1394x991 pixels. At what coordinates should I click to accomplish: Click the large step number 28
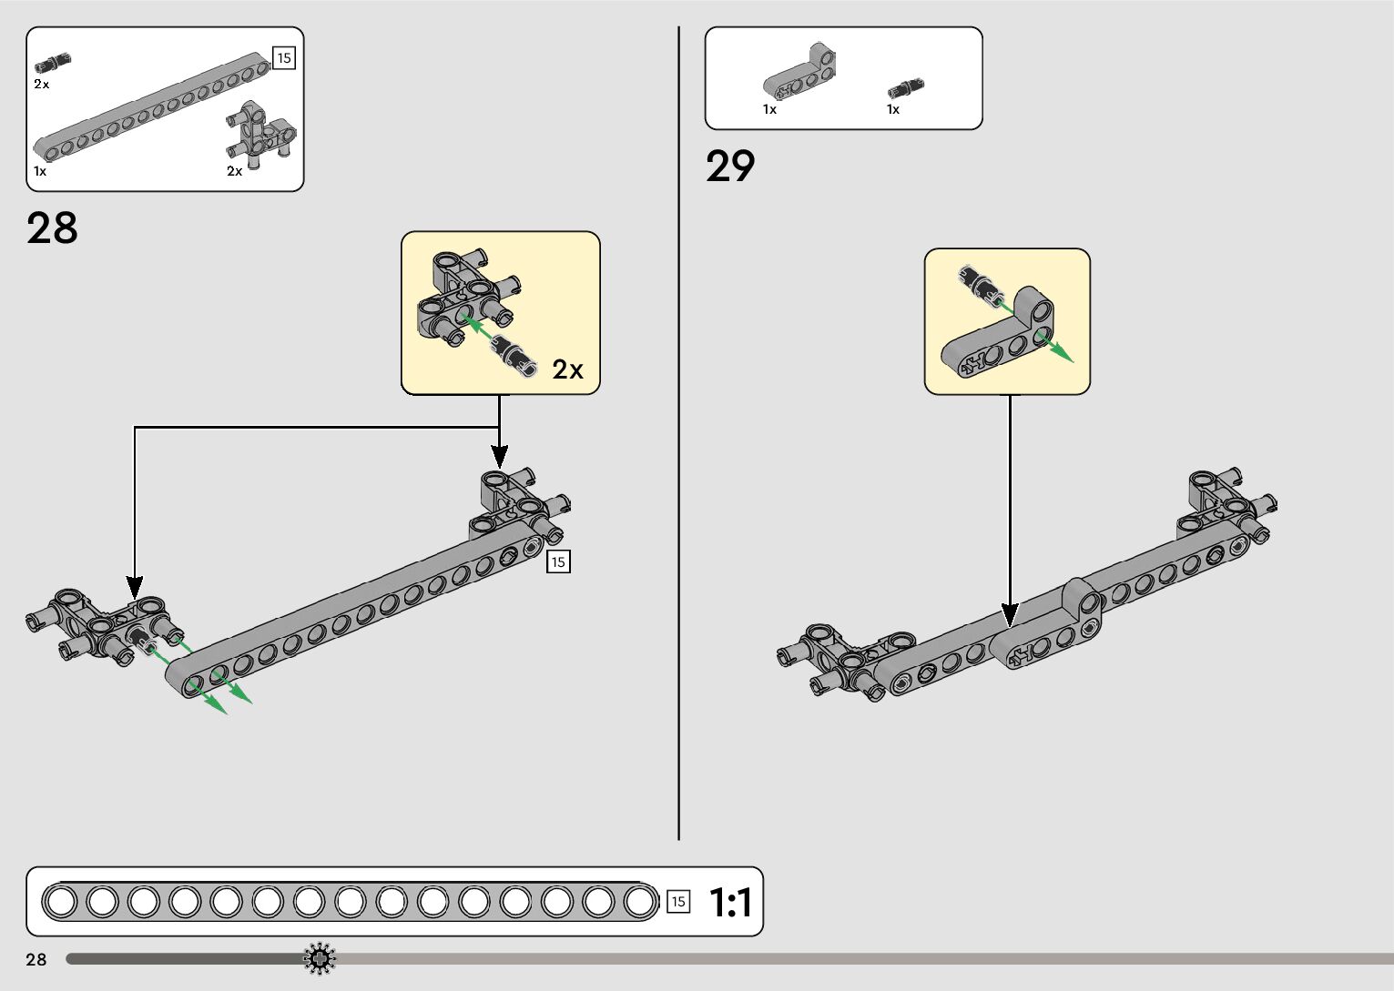52,228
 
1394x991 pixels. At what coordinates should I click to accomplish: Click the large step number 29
730,167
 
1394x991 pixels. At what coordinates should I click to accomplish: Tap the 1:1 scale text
730,903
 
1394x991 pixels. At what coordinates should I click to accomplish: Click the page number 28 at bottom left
36,959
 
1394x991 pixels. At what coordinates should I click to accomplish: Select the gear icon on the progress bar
320,958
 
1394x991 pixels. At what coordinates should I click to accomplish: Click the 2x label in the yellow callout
567,369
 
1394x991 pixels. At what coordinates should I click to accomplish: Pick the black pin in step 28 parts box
53,63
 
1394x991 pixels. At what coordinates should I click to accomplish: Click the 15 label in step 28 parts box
284,58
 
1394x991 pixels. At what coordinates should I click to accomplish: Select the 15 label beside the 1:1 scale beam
678,902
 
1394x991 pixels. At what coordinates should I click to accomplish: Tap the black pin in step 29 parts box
905,88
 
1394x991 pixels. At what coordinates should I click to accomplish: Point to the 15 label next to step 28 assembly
558,561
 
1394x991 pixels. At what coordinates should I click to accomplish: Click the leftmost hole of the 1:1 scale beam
61,902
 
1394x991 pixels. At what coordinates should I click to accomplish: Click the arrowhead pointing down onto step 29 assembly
1009,615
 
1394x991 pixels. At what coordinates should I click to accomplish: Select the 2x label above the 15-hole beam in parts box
42,84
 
